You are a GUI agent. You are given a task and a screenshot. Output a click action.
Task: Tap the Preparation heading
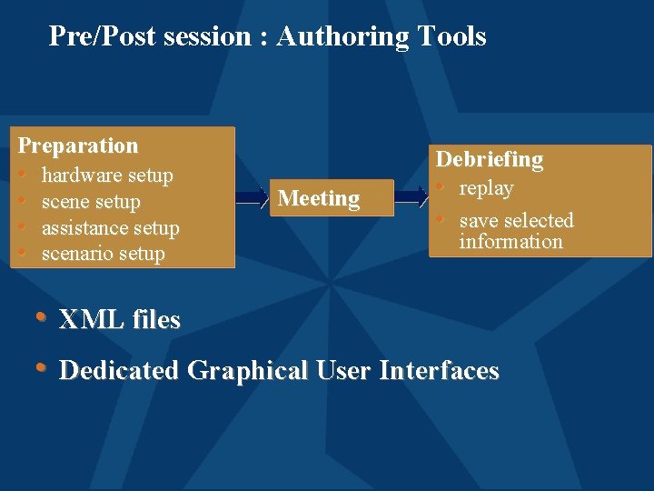pos(78,145)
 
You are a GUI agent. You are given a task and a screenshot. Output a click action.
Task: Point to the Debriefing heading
pos(490,160)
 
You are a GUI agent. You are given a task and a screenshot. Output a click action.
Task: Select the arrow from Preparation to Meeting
pos(252,197)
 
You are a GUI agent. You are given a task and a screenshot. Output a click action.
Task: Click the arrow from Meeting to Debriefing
pos(411,196)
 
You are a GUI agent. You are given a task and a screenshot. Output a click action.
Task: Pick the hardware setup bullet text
pos(107,175)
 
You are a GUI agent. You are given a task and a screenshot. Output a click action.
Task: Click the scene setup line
pos(91,202)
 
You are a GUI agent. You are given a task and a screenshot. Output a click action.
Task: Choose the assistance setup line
pos(111,228)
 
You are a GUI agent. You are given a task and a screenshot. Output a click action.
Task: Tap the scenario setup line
pos(104,254)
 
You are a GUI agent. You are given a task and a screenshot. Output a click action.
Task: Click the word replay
pos(486,189)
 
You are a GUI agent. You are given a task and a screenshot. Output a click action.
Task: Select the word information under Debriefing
pos(510,242)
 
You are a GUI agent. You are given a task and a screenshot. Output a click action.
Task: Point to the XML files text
pos(120,320)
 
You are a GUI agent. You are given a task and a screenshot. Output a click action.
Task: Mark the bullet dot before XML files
pos(41,317)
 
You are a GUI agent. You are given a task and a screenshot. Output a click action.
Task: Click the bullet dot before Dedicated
pos(41,368)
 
